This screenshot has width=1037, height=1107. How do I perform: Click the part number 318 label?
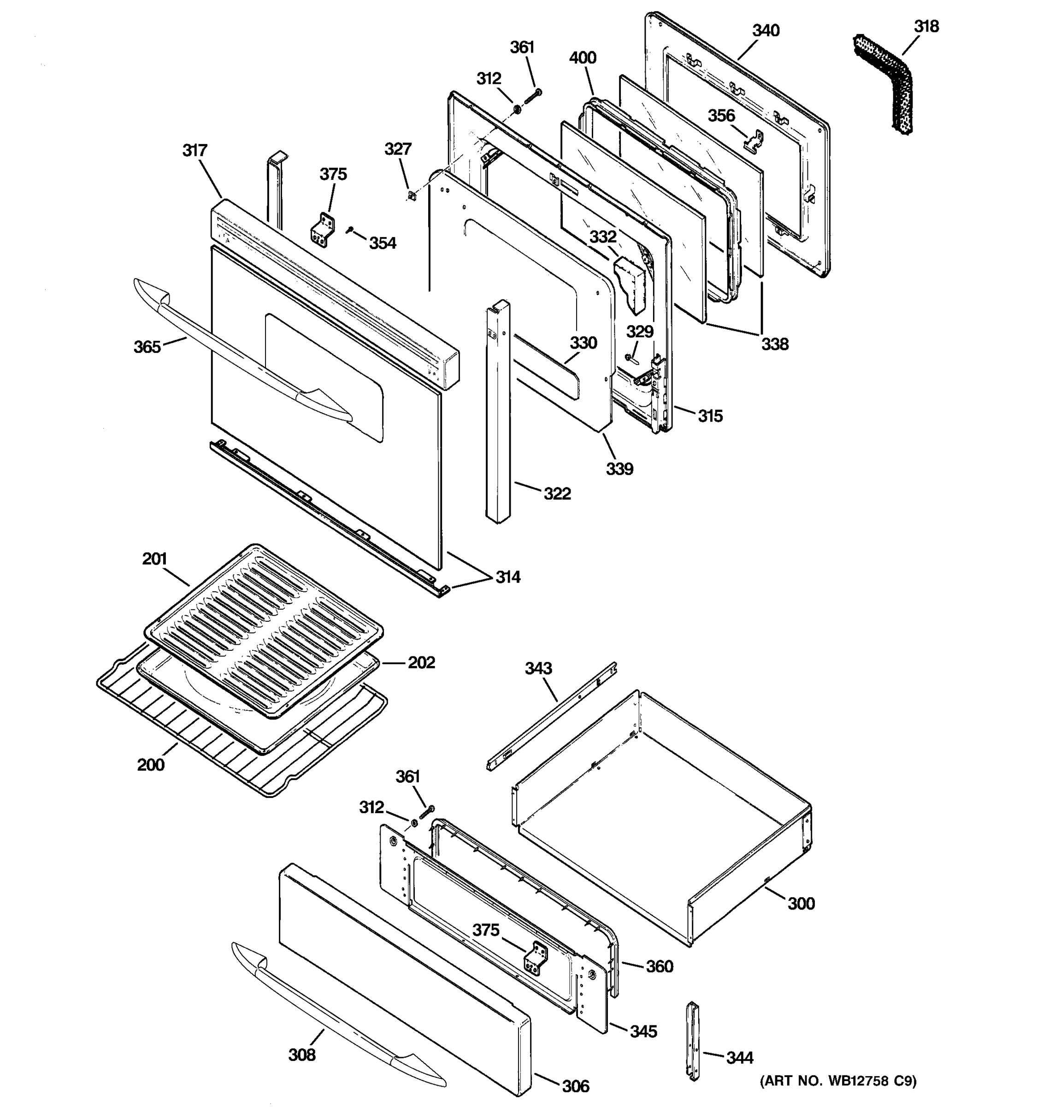[x=926, y=26]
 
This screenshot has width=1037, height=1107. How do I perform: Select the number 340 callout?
[x=766, y=30]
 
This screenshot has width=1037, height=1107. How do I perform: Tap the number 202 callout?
[x=421, y=663]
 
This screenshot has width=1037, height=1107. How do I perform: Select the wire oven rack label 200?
[x=151, y=765]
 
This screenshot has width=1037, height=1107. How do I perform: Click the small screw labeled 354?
[x=349, y=229]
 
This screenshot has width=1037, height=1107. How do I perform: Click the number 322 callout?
[x=557, y=494]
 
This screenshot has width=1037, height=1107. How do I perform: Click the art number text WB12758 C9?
[x=838, y=1081]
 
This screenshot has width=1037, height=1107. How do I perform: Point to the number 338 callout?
[x=775, y=344]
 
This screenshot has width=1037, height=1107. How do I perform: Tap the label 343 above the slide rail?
[x=538, y=667]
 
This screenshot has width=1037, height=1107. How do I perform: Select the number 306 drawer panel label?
[x=575, y=1086]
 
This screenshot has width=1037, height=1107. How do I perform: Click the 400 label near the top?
[x=583, y=58]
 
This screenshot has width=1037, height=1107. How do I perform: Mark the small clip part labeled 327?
[x=411, y=196]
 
